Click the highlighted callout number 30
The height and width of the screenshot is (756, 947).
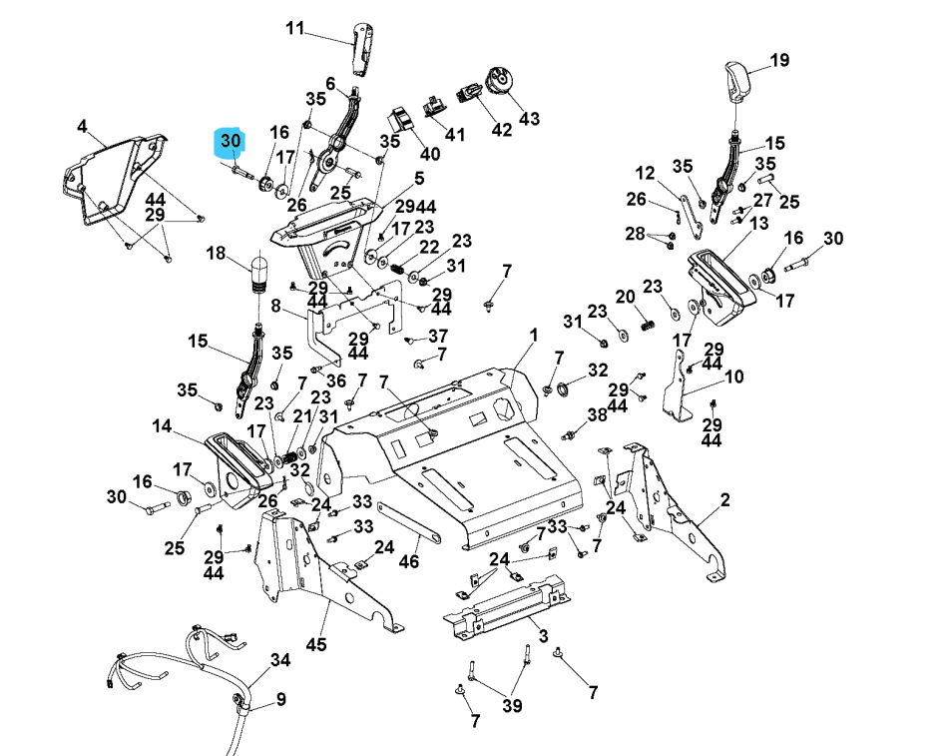coord(231,142)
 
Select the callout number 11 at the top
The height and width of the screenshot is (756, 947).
coord(295,28)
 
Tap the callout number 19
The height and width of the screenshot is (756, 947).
coord(779,60)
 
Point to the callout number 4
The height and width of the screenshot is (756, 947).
coord(82,126)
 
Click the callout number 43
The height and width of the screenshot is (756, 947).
coord(529,119)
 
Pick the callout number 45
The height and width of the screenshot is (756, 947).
coord(315,644)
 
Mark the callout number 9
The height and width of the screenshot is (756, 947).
coord(280,699)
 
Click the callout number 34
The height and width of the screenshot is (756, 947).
coord(280,660)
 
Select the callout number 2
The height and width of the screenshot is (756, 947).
coord(725,499)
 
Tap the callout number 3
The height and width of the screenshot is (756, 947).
coord(542,635)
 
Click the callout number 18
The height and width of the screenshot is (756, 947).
coord(216,254)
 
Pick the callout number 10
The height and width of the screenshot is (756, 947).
coord(733,378)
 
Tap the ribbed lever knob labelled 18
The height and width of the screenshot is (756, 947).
coord(259,274)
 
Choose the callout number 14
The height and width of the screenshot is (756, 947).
coord(162,427)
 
